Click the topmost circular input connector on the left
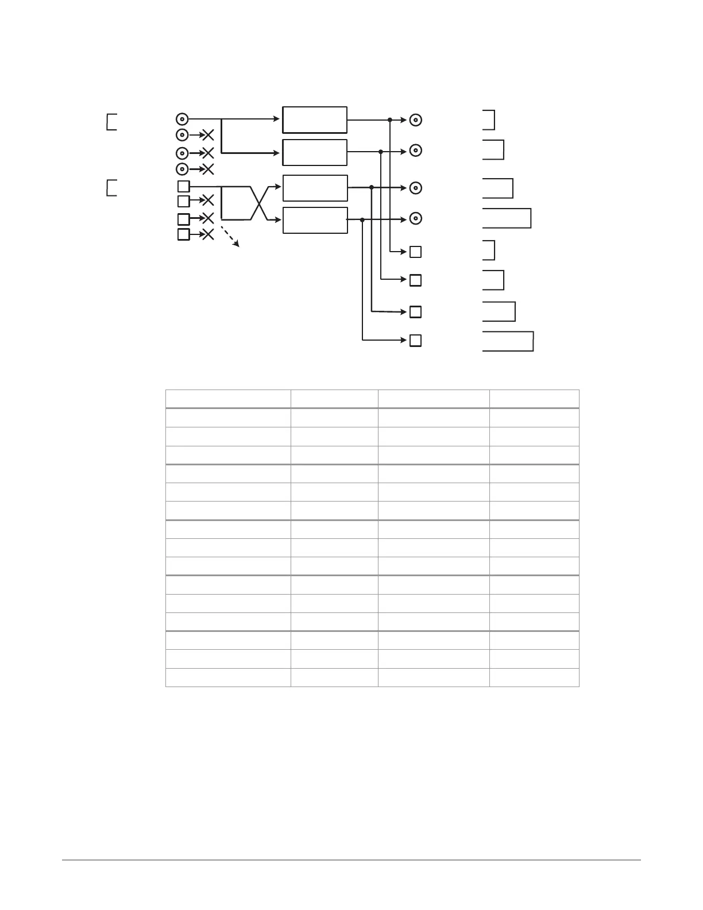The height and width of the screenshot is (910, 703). tap(181, 119)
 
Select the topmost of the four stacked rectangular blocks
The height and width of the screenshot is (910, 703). tap(315, 119)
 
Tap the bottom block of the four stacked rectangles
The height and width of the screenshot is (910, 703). tap(315, 220)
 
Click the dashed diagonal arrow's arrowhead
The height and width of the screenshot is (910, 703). tap(238, 245)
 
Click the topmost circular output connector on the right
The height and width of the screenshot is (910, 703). tap(416, 120)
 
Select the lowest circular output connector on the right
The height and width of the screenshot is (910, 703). tap(416, 218)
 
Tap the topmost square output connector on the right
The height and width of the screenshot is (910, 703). tap(416, 252)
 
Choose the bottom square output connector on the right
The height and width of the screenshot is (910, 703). tap(416, 340)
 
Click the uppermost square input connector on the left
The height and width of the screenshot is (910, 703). tap(183, 186)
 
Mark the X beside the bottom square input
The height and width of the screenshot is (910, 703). tap(208, 234)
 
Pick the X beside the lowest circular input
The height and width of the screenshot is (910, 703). tap(208, 169)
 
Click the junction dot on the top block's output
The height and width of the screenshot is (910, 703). tap(390, 119)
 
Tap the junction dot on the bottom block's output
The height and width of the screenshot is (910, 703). tap(362, 219)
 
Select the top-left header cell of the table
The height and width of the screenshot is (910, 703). tap(228, 399)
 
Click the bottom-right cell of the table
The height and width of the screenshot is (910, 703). tap(534, 677)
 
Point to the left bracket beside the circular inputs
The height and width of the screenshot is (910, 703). tap(111, 122)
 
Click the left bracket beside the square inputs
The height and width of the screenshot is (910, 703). tap(111, 188)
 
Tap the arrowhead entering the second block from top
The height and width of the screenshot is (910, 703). tap(279, 153)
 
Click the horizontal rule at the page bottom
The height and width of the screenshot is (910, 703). tap(351, 860)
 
